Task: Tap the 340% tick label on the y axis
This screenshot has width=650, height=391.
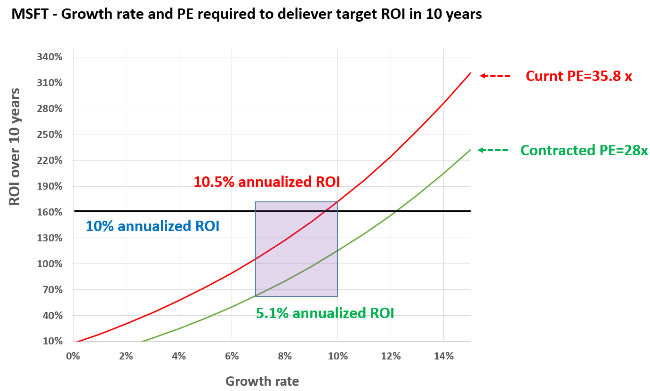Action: pos(49,57)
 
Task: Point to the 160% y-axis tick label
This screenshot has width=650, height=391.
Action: pos(49,212)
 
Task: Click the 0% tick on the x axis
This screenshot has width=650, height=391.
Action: pos(73,356)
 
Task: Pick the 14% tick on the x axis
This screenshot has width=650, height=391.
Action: pos(444,356)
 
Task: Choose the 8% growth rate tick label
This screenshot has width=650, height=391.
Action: pos(285,356)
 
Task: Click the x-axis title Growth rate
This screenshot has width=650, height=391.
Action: pos(262,381)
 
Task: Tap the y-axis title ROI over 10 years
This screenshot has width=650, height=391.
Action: pos(15,146)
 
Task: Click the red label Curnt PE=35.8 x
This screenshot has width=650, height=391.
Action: pos(578,76)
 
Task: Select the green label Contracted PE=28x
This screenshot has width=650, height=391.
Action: pos(584,151)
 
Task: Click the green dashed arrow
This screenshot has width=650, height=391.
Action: pos(492,150)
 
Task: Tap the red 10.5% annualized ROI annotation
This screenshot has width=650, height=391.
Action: pos(266,182)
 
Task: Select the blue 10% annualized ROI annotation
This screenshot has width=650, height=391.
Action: pos(152,226)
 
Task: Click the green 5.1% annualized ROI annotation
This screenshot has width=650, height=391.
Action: pos(325,313)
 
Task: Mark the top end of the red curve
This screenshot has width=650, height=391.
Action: pos(470,73)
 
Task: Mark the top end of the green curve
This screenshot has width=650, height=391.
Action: pos(470,150)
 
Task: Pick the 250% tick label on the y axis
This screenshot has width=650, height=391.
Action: pos(49,135)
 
